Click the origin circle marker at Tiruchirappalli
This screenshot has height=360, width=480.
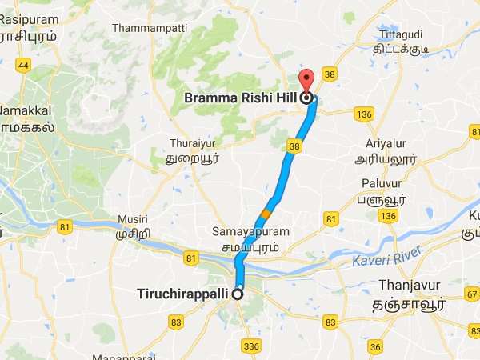point(238,294)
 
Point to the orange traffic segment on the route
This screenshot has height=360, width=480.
point(266,214)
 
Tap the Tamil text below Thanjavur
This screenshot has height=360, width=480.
point(410,305)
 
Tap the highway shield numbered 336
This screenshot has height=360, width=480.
point(252,346)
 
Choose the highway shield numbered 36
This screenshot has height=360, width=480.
point(375,346)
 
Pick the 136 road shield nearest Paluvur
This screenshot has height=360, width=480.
point(389,218)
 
